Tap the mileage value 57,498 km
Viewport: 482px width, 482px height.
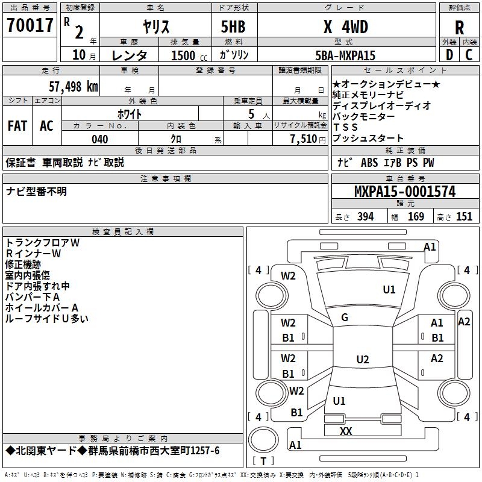(67, 86)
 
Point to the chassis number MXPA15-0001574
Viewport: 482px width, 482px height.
(405, 192)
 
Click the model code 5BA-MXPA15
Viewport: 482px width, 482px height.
(345, 55)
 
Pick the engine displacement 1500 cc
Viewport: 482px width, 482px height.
(183, 55)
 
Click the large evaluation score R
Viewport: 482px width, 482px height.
(459, 27)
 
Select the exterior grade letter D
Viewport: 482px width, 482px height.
(449, 55)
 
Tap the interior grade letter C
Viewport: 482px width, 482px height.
(469, 55)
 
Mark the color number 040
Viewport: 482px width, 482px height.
(99, 139)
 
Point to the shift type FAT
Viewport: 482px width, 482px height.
(17, 125)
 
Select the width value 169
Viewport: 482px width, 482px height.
(416, 217)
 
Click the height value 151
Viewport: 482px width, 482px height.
(464, 217)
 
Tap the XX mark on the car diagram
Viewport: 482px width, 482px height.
(346, 431)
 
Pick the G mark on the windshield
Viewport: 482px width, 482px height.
(345, 317)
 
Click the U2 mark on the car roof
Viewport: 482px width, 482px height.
(362, 360)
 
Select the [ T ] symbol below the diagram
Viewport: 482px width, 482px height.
(264, 462)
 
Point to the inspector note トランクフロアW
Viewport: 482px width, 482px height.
(43, 243)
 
